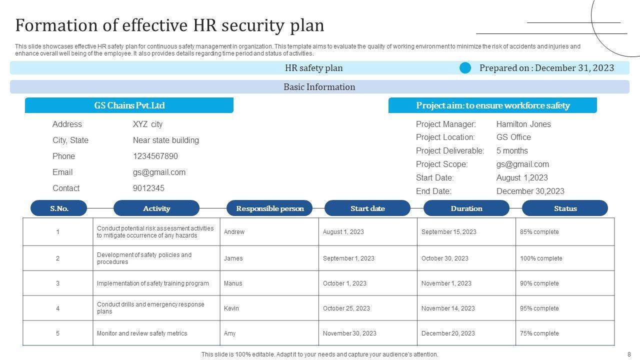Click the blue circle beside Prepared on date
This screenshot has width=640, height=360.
[465, 68]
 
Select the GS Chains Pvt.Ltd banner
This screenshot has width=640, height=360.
[129, 105]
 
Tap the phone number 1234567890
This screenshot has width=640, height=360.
[155, 156]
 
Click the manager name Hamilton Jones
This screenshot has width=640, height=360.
[523, 124]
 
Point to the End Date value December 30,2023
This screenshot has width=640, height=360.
[530, 191]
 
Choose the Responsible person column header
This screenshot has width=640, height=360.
[269, 208]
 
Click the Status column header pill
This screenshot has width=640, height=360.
[565, 208]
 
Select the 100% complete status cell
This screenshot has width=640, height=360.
[540, 258]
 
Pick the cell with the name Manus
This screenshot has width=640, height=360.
[233, 283]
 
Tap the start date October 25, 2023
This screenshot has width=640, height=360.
[346, 308]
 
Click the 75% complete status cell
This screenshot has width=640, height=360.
[539, 333]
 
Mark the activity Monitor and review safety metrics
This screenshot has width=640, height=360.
[142, 333]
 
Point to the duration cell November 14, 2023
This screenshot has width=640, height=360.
[448, 308]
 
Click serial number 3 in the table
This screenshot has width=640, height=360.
[57, 283]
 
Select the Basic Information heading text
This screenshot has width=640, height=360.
[319, 87]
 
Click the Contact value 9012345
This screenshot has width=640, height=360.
[148, 188]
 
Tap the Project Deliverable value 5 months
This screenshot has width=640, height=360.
[512, 150]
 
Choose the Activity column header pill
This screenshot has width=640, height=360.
[156, 208]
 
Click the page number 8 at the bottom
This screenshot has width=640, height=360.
[629, 354]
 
